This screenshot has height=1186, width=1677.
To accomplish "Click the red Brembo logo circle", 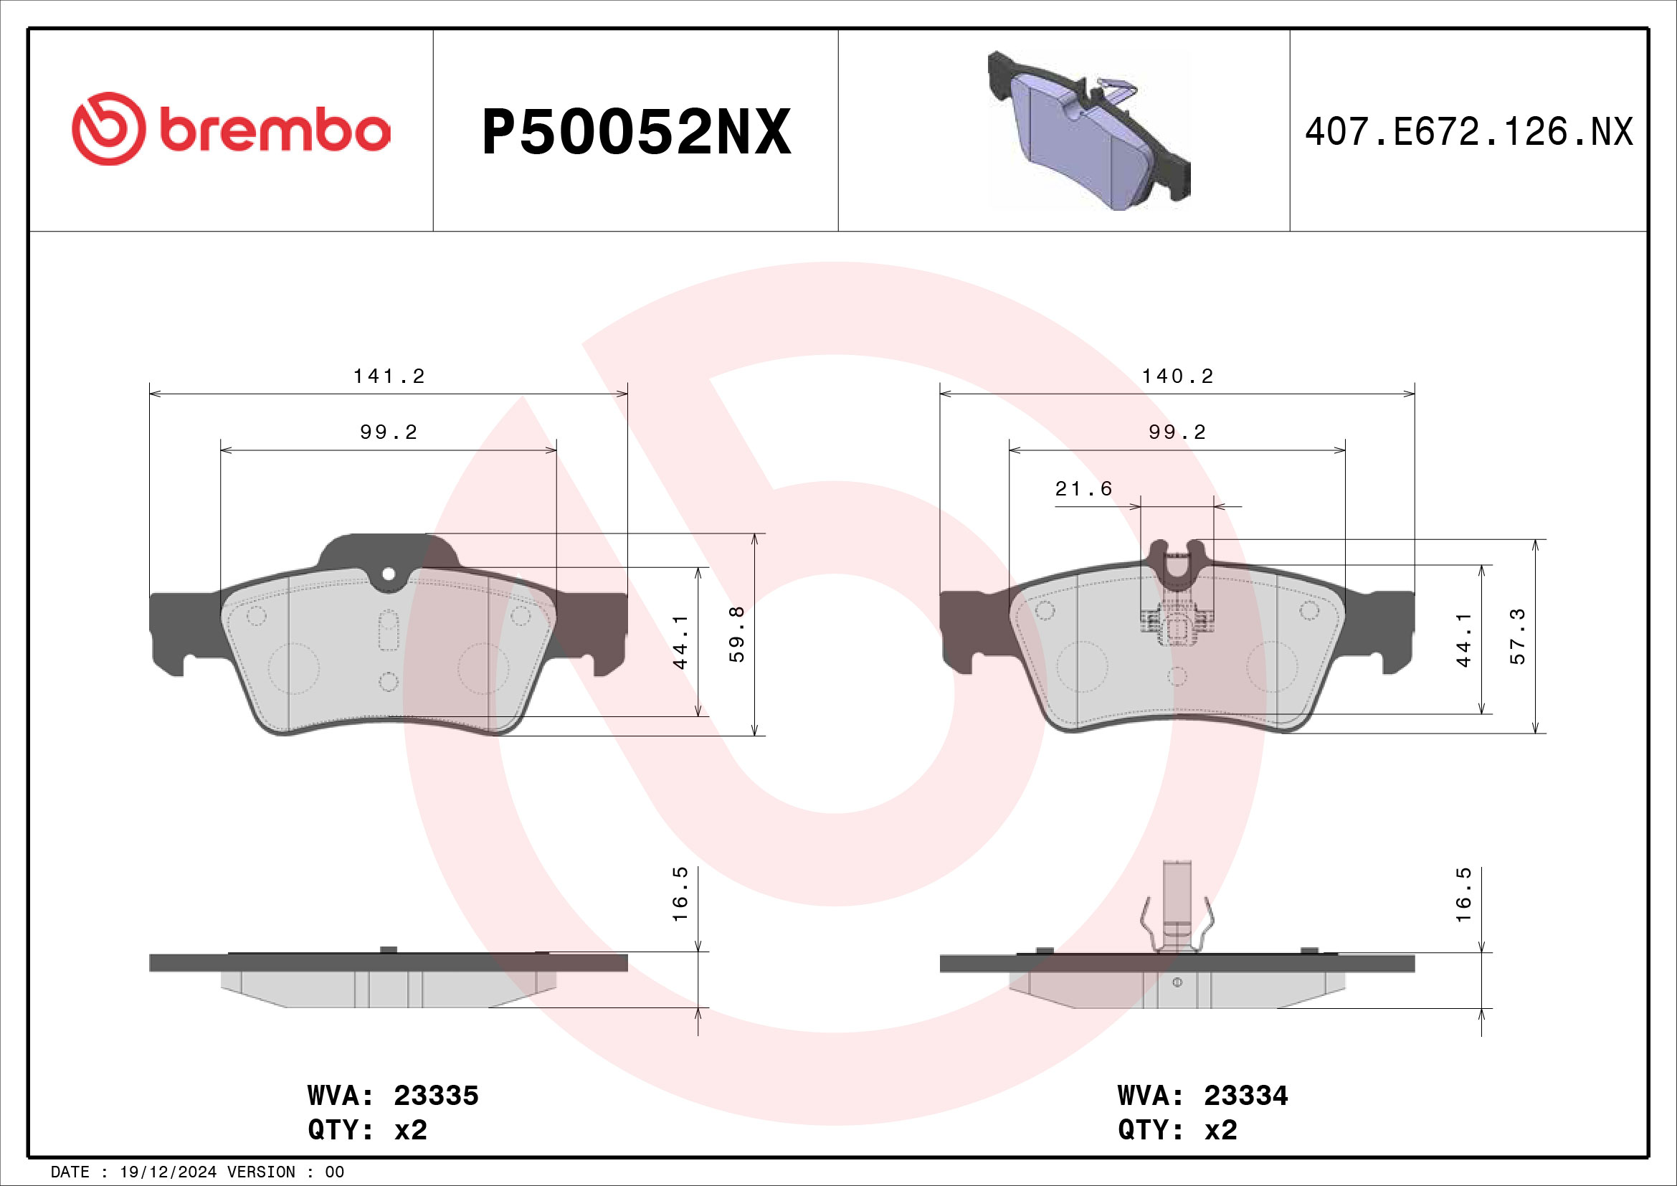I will [108, 128].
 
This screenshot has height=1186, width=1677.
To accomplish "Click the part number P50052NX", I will [635, 133].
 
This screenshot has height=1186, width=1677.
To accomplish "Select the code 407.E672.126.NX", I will [1468, 133].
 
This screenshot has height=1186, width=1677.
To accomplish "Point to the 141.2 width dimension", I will [389, 376].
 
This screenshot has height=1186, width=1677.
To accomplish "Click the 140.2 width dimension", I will [1177, 376].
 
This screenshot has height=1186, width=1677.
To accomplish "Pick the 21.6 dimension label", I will [1083, 488].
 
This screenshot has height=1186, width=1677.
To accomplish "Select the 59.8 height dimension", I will [737, 634].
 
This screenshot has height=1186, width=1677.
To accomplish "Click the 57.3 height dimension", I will [1518, 635].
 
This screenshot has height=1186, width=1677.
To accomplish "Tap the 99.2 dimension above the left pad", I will [389, 432].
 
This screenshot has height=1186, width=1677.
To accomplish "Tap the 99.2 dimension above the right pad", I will [1177, 432].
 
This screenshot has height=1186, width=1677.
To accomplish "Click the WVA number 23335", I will [436, 1096].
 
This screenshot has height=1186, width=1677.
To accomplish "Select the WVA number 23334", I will [1246, 1096].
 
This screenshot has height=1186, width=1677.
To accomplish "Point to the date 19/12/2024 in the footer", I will [168, 1172].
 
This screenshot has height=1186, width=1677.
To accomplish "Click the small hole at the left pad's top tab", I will [389, 574].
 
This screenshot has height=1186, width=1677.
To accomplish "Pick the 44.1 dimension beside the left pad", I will [680, 641].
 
